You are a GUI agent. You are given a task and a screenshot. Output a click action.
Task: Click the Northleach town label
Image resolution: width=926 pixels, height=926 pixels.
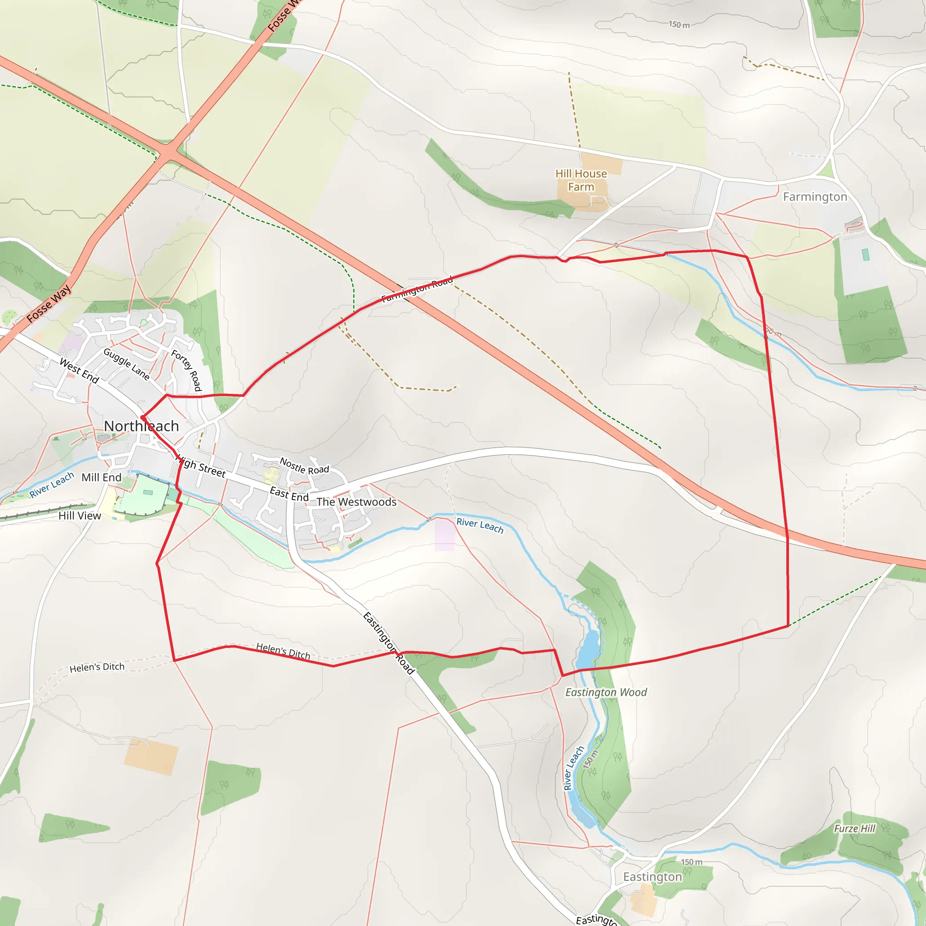(142, 425)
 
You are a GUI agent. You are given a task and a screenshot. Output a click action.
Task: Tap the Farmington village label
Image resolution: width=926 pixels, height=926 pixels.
(815, 197)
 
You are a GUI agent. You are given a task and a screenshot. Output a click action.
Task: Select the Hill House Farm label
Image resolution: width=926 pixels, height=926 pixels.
(581, 180)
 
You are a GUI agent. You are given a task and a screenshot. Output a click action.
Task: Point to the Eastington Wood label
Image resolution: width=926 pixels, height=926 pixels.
(606, 692)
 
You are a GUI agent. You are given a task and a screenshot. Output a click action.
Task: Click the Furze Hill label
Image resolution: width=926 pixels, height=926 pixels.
(855, 829)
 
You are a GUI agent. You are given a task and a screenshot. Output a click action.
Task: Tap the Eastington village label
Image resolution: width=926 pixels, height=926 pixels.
(652, 877)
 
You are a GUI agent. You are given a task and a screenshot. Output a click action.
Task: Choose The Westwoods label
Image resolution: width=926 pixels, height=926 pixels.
(356, 502)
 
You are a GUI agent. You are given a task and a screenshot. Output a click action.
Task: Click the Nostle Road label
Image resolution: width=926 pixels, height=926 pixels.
(304, 466)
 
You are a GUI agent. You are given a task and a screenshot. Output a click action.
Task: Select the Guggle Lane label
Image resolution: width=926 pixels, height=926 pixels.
(127, 364)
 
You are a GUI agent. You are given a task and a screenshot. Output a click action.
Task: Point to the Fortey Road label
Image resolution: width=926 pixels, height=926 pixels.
(186, 370)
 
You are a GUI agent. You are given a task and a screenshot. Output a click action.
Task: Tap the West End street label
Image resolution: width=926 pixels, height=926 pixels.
(79, 371)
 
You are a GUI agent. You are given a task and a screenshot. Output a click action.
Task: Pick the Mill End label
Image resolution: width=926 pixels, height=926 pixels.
(101, 477)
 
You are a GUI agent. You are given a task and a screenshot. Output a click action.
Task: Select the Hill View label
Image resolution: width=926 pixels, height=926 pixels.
(80, 516)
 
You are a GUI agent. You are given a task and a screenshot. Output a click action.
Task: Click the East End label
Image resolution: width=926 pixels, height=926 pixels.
(289, 494)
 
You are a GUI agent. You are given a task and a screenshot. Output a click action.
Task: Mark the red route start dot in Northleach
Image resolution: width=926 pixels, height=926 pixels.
(143, 418)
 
